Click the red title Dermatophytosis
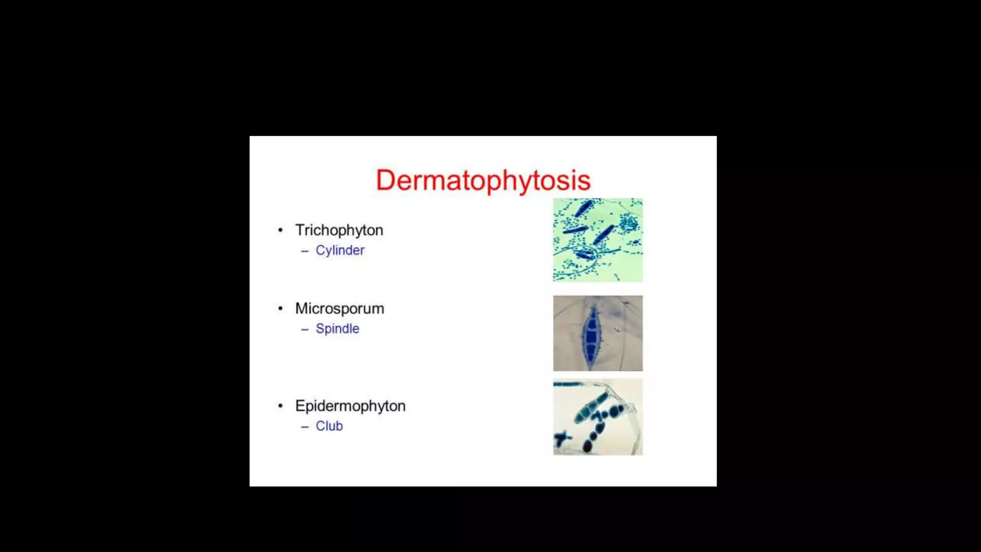[x=483, y=180]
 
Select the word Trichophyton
[x=339, y=230]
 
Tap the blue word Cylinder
[x=340, y=251]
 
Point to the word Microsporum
[x=339, y=309]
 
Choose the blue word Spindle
[x=337, y=329]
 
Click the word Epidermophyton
[x=350, y=406]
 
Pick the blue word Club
[x=329, y=426]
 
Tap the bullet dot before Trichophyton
[x=280, y=230]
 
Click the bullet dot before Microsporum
[x=280, y=309]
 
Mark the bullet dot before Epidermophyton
[x=280, y=406]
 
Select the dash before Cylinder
[x=305, y=251]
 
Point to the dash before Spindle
[x=305, y=329]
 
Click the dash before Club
[x=305, y=426]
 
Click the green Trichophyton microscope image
[x=598, y=240]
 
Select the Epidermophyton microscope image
[x=598, y=417]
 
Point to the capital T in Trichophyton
[x=300, y=230]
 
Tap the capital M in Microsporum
[x=301, y=309]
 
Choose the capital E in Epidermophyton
[x=300, y=406]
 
